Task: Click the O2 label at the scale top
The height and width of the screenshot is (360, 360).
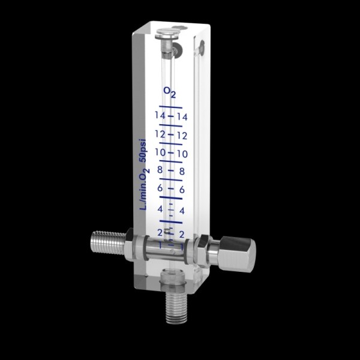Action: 170,92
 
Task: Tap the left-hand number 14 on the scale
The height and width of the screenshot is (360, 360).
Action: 160,115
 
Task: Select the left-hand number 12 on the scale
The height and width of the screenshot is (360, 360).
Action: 160,133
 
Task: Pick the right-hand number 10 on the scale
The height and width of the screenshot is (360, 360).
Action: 182,154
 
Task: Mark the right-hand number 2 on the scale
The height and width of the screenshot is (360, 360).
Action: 182,234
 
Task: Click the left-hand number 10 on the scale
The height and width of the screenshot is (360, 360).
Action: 160,152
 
